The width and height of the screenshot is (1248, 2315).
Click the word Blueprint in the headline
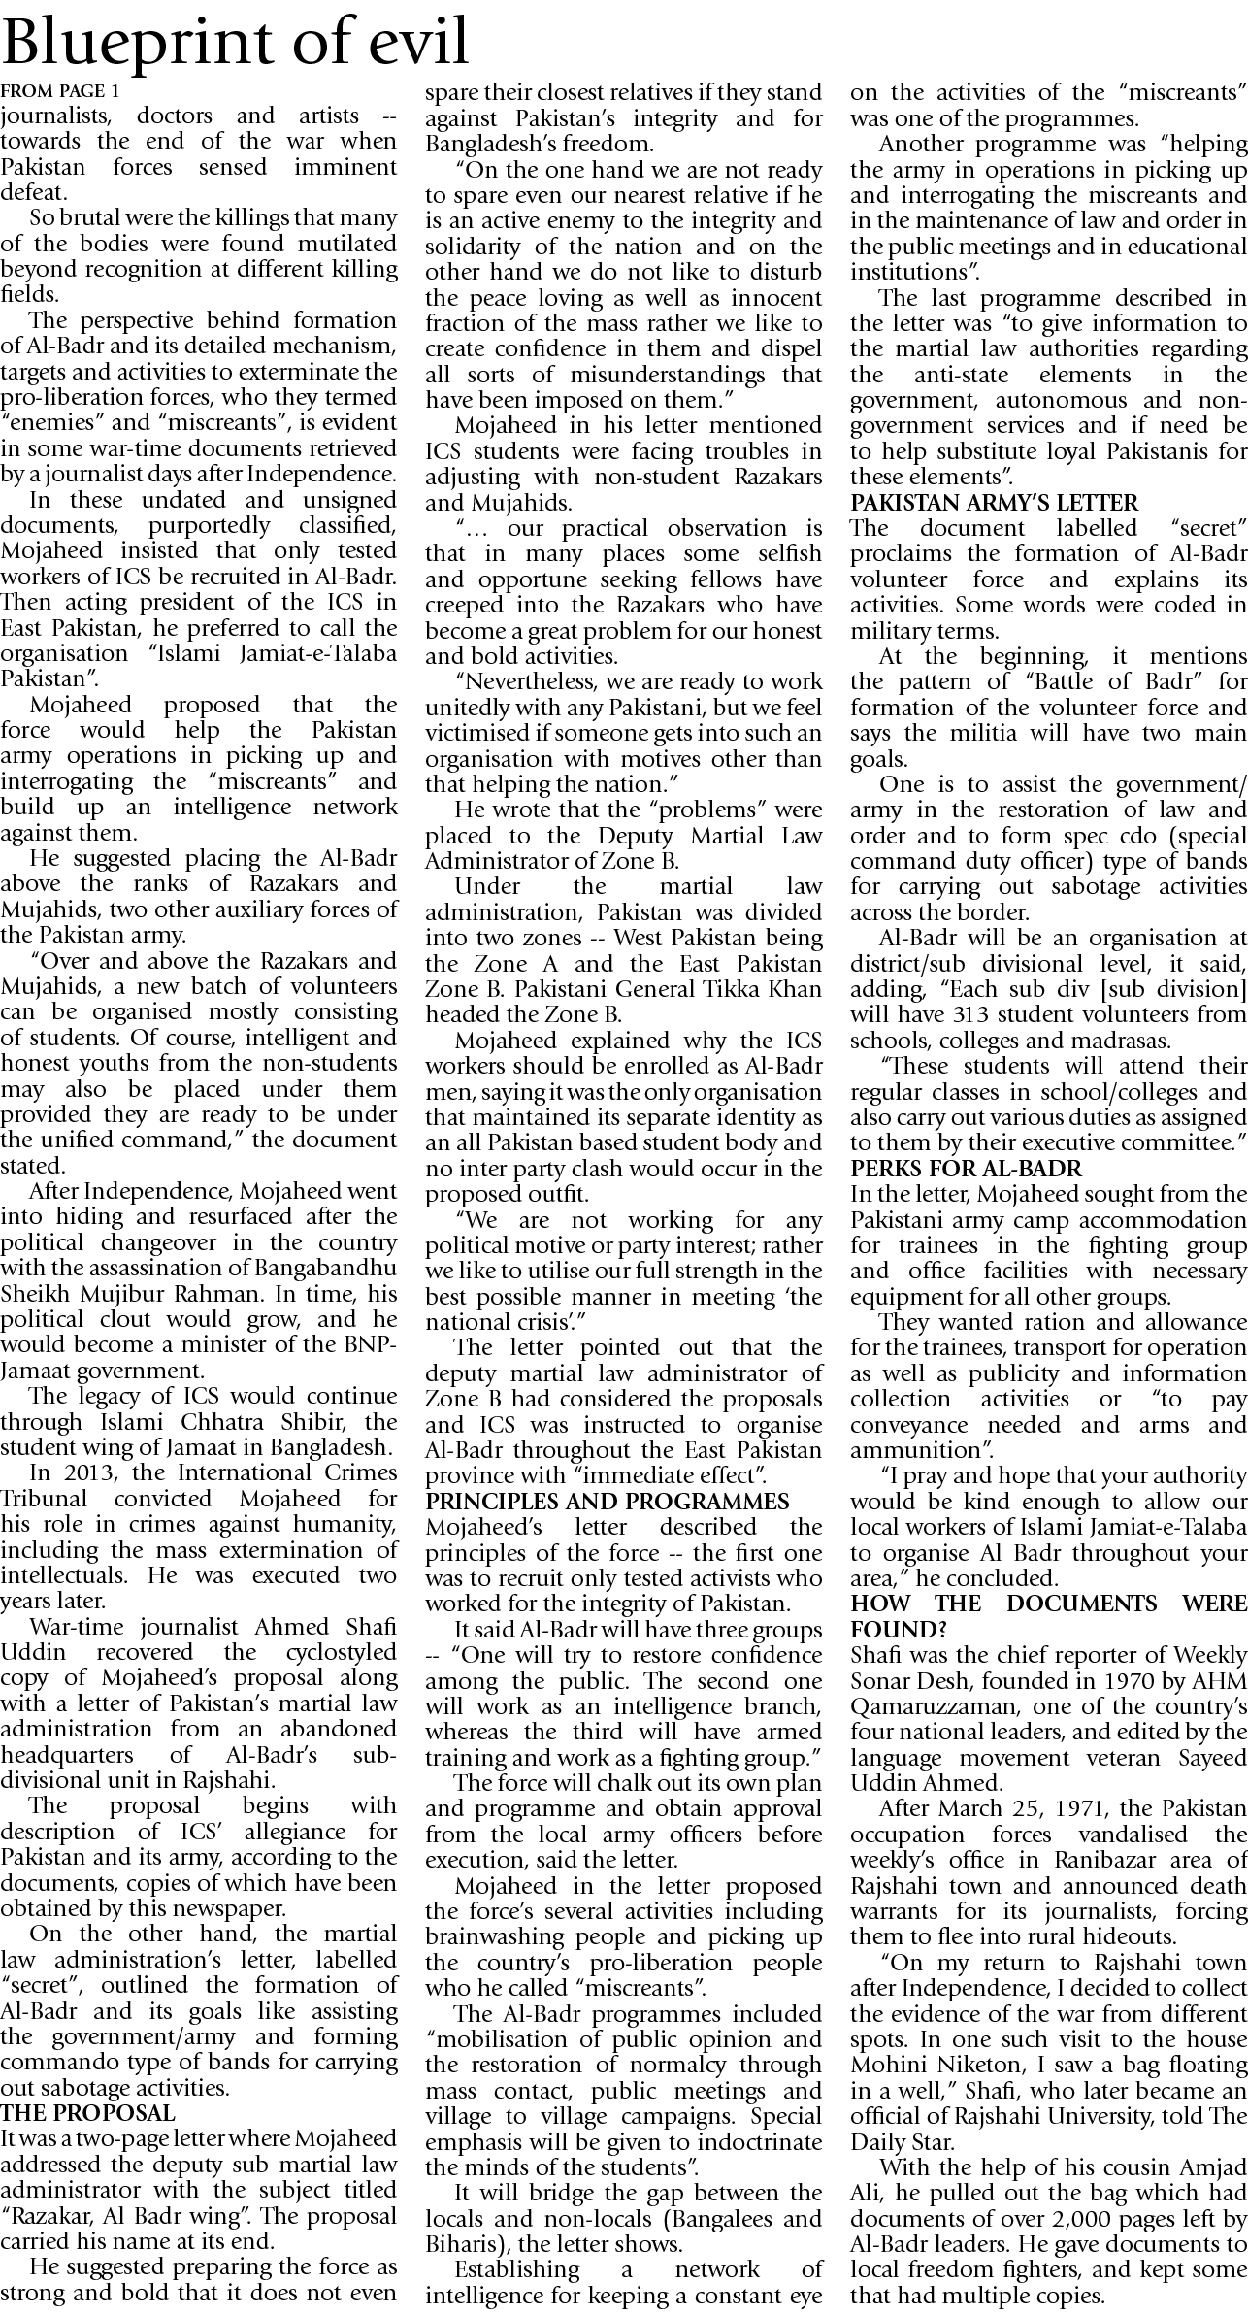click(x=145, y=44)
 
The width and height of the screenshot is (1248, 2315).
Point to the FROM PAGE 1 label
click(x=60, y=91)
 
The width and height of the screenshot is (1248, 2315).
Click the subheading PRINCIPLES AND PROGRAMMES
click(x=608, y=1502)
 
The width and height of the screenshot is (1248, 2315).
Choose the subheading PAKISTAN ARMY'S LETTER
click(x=994, y=503)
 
